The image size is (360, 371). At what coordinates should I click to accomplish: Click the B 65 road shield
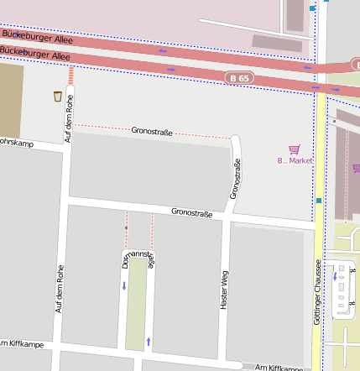pyautogui.click(x=239, y=78)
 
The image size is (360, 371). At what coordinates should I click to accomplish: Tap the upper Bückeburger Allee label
pyautogui.click(x=37, y=37)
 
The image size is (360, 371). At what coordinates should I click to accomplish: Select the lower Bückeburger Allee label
pyautogui.click(x=34, y=55)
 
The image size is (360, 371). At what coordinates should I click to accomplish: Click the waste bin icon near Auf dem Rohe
pyautogui.click(x=57, y=96)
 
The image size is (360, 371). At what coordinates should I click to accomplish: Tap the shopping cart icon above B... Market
pyautogui.click(x=294, y=149)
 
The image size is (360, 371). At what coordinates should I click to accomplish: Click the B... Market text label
pyautogui.click(x=295, y=160)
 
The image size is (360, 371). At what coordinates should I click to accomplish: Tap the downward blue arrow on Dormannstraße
pyautogui.click(x=125, y=286)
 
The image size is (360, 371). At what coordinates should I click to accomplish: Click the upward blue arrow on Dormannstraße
pyautogui.click(x=149, y=341)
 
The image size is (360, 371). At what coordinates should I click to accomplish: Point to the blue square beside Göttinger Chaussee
pyautogui.click(x=319, y=201)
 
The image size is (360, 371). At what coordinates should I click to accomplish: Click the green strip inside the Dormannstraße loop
pyautogui.click(x=135, y=306)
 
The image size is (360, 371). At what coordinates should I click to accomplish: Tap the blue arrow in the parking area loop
pyautogui.click(x=336, y=276)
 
